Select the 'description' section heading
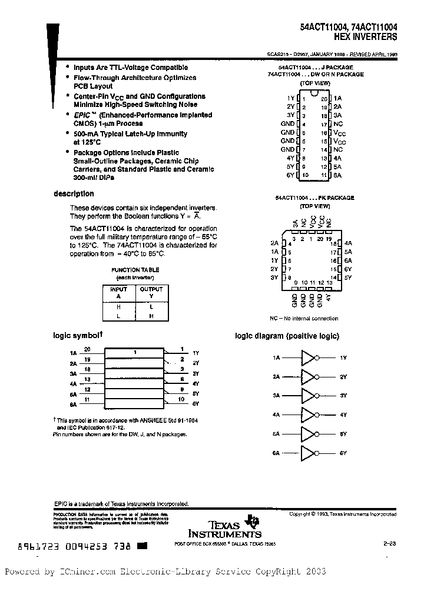coord(74,193)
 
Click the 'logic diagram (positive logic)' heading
coord(287,336)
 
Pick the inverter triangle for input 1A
coord(309,357)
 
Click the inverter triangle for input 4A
coord(309,415)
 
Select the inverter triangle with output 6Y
coord(309,453)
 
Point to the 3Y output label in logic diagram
coord(343,396)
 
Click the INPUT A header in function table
coord(119,293)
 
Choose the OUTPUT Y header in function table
coord(151,293)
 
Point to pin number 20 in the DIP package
coord(324,99)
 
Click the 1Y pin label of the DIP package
coord(290,98)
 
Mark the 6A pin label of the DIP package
coord(337,175)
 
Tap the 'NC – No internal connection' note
coord(304,318)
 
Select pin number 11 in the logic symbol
coord(87,399)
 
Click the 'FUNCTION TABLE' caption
coord(135,270)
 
